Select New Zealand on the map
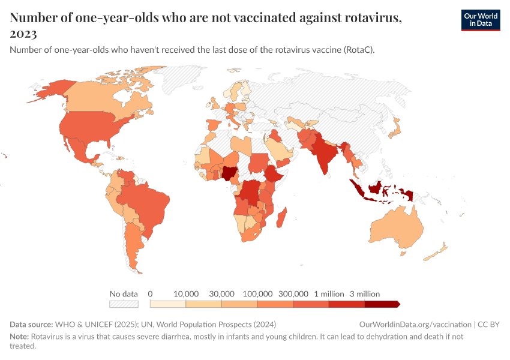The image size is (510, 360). pos(438,251)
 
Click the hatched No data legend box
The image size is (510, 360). pos(124,304)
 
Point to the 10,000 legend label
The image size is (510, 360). pos(186,294)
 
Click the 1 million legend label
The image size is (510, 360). pos(329,294)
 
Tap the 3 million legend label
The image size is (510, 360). pos(365,294)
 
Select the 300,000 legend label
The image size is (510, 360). pos(293,294)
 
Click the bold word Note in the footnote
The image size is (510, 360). pos(19,337)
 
